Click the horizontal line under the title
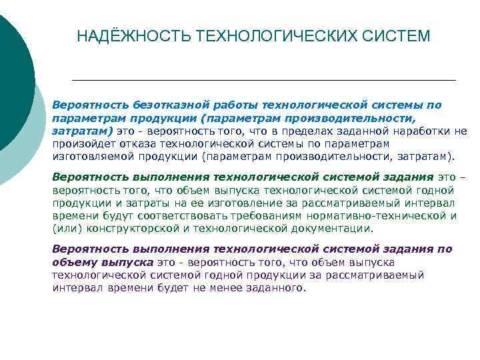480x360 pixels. click(x=263, y=80)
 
